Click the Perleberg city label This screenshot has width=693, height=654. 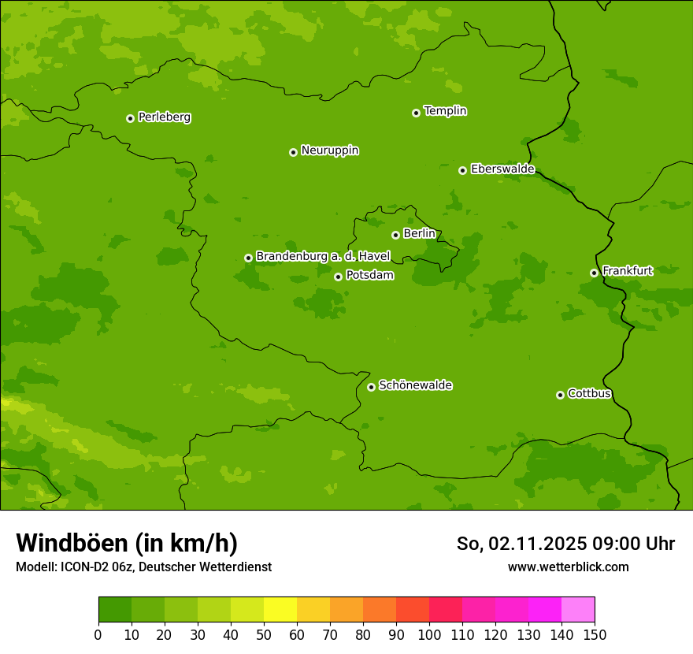click(x=164, y=117)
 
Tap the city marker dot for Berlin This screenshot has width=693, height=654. click(x=395, y=235)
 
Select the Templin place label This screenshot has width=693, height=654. click(x=445, y=111)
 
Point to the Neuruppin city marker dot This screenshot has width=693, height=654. click(x=293, y=152)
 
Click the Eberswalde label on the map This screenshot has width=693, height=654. click(x=502, y=169)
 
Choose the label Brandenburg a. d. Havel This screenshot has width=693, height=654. click(x=323, y=257)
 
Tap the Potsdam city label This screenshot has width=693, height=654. click(x=369, y=276)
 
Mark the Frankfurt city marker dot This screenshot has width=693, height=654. click(x=594, y=273)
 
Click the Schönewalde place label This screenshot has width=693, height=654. click(x=415, y=385)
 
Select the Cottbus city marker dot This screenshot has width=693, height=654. click(x=560, y=395)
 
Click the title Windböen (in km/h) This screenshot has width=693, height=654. click(x=127, y=543)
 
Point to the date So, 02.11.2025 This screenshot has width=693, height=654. click(x=521, y=544)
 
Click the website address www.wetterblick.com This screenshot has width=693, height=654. click(x=568, y=567)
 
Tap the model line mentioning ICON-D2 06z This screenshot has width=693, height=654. click(x=143, y=567)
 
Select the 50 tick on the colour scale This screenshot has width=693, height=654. click(x=264, y=634)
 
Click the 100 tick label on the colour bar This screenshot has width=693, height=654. click(x=429, y=634)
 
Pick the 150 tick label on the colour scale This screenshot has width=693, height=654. click(x=595, y=634)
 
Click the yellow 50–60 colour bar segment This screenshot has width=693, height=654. click(x=280, y=610)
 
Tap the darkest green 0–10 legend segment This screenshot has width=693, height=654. click(x=115, y=610)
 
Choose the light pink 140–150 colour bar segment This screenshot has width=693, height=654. click(x=578, y=610)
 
